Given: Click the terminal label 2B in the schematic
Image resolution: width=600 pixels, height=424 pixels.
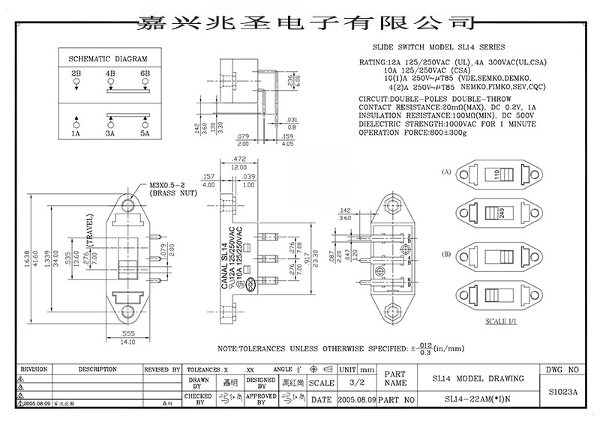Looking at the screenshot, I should [x=76, y=73].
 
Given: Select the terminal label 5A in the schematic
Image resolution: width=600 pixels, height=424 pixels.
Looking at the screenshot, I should [x=145, y=133].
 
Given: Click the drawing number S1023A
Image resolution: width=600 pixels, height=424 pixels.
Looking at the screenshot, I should [x=562, y=391].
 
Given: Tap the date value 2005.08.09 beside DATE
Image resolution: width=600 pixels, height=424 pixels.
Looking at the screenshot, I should [x=356, y=400].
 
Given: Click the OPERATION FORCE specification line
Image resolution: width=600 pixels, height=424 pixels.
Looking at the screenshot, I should [x=414, y=133].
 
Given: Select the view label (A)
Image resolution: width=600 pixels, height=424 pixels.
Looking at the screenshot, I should [x=447, y=172].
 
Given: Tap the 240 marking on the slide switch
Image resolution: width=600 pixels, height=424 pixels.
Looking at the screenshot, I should [x=497, y=213].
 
